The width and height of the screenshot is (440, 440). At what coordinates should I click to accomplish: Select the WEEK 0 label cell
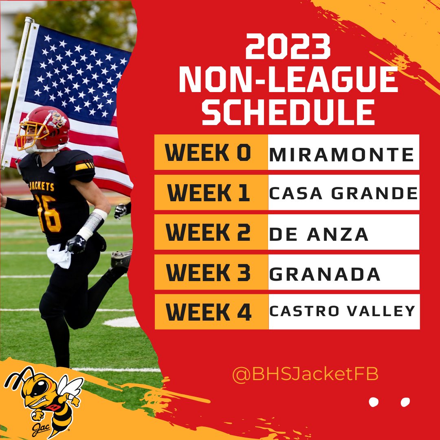coord(211,152)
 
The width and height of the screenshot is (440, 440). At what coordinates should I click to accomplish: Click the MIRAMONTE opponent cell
coord(343,152)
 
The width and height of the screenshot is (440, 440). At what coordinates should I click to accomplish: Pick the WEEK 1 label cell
coord(211,192)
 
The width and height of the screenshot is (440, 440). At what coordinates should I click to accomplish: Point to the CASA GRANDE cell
coord(343,192)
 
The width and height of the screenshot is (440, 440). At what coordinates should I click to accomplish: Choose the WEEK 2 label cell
coord(211,232)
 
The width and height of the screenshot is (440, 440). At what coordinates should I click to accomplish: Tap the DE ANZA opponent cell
coord(343,232)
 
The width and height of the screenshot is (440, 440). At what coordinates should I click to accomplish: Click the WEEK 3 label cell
coord(211,272)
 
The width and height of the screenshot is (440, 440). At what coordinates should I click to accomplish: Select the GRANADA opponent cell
coord(343,272)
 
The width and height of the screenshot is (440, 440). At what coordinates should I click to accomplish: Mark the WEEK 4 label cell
coord(211,312)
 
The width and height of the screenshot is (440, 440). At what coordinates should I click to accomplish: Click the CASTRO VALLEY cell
coord(343,312)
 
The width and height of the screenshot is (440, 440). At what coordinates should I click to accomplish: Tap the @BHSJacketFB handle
coord(305,374)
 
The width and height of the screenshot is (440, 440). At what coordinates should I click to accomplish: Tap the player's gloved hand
coord(76,244)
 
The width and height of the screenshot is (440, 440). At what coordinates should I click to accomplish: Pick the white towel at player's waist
coord(59,255)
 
